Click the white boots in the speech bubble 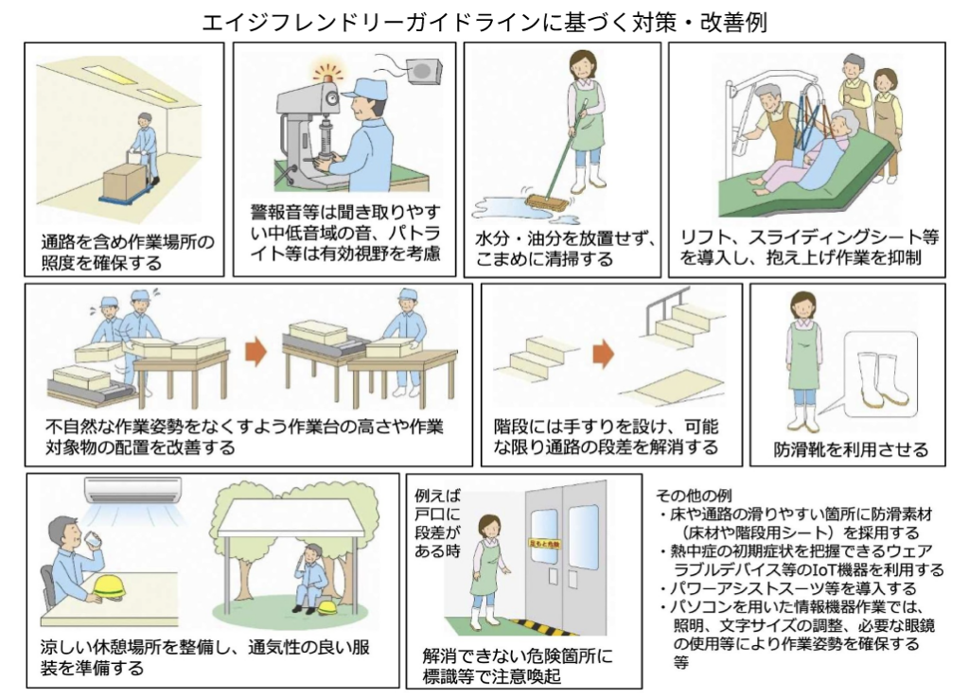pos(880,379)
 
